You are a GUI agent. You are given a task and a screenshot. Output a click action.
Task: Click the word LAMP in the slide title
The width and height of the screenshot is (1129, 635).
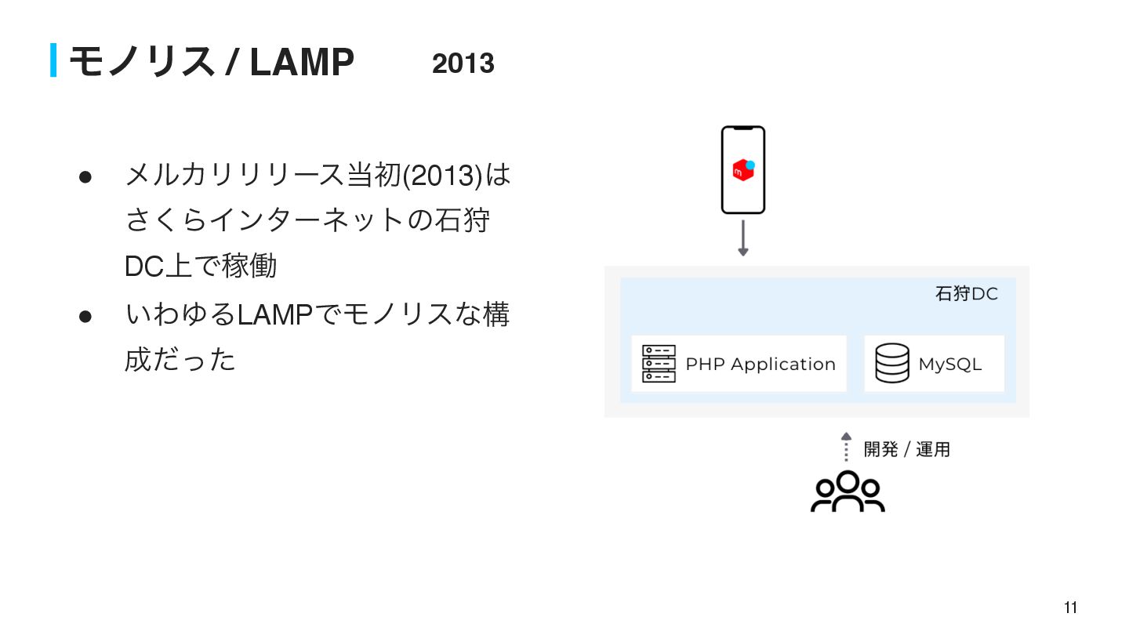click(x=302, y=62)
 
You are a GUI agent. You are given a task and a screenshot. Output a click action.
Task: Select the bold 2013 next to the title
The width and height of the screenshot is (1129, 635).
click(x=463, y=63)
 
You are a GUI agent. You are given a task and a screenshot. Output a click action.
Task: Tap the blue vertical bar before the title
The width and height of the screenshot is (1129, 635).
click(x=53, y=60)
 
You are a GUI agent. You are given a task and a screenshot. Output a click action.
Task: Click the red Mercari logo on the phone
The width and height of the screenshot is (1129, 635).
click(x=742, y=170)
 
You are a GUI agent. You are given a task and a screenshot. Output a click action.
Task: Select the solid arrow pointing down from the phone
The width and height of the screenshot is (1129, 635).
click(x=743, y=238)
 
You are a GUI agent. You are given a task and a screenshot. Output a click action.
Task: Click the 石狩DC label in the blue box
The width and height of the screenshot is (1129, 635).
click(x=966, y=294)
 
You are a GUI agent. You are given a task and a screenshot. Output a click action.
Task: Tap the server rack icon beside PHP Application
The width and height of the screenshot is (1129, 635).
click(x=659, y=364)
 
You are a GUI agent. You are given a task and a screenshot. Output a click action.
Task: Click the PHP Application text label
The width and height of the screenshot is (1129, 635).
click(x=760, y=365)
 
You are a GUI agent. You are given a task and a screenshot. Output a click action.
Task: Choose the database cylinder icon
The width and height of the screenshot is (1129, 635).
click(x=892, y=364)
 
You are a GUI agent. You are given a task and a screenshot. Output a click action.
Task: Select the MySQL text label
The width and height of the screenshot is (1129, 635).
click(x=949, y=365)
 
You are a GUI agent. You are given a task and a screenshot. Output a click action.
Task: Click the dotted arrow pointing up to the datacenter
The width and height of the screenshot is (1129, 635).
click(x=846, y=447)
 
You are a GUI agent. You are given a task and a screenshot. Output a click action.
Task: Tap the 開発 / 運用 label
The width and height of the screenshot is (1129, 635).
click(x=906, y=449)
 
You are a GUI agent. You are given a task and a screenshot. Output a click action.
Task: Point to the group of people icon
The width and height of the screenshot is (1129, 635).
click(x=848, y=492)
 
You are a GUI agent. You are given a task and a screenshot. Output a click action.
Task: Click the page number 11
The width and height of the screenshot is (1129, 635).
click(x=1070, y=608)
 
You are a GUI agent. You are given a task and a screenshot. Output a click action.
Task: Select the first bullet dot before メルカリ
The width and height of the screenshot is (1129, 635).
click(x=86, y=176)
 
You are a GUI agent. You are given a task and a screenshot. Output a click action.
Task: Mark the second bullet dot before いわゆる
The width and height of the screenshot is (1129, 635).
click(x=86, y=317)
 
